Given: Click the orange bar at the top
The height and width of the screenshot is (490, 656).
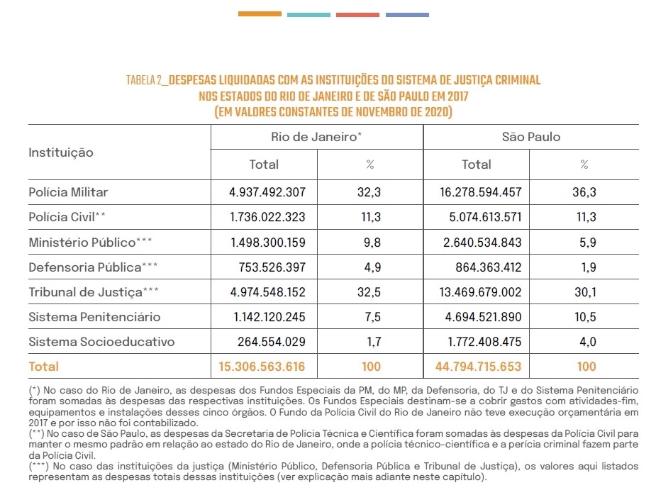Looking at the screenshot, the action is coord(260,13).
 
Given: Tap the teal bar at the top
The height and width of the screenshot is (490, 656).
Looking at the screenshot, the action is coord(308,15).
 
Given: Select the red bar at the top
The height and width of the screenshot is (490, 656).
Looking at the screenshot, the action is coord(357,15).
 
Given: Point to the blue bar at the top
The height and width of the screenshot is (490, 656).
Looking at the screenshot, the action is coord(407,15).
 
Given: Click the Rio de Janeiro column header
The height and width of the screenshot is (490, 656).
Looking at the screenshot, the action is coord(316,137).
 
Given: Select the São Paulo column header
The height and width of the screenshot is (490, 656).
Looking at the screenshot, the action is coord(531,137).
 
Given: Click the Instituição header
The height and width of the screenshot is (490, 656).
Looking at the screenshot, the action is coord(61,152).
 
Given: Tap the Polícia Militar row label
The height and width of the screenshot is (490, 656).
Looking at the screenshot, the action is coord(68,192).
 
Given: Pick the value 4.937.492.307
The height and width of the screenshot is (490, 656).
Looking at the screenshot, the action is coord(267,192).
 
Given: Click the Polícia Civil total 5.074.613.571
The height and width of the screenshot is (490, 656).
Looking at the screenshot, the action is coord(485,217).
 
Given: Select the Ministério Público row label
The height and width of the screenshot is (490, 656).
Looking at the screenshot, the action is coord(90,243).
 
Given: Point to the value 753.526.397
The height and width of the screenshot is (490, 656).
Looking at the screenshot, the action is coord(272,267).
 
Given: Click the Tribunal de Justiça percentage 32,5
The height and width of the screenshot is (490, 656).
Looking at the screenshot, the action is coord(369,291).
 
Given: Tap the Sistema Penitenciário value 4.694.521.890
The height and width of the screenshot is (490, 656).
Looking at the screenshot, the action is coord(483,317).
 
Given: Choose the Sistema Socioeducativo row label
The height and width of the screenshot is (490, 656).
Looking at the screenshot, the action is coord(101,342).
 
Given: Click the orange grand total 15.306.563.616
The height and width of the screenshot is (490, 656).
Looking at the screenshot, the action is coord(262,367).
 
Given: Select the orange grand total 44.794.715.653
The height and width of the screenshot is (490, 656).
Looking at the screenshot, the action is coord(478,367).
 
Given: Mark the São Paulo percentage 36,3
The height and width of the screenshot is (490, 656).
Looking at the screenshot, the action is coord(584,192).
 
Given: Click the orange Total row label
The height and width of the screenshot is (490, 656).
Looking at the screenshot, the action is coord(43,367).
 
